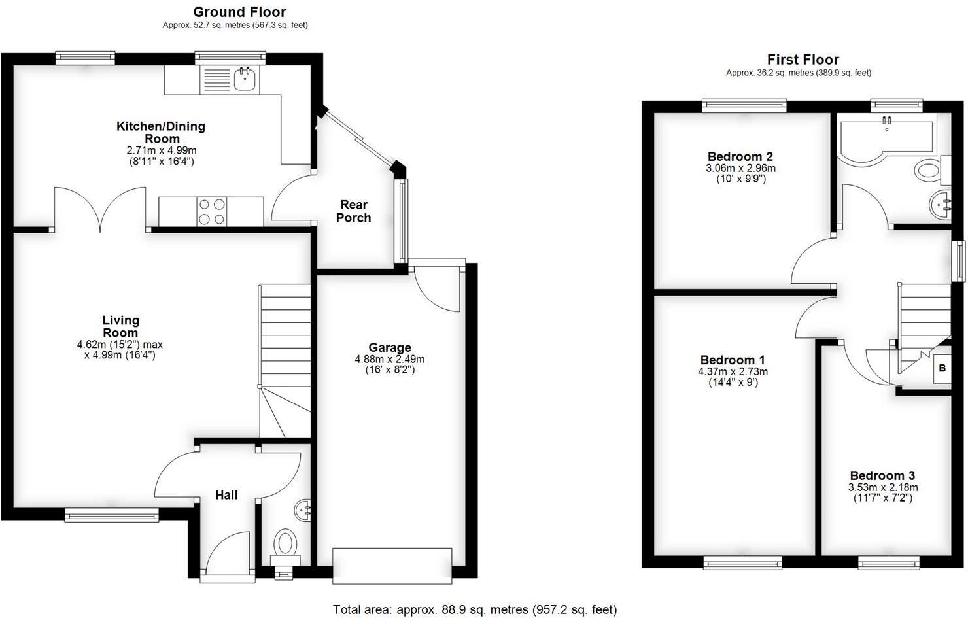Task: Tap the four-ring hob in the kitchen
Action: [212, 212]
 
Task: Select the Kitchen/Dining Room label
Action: [161, 132]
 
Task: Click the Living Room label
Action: [120, 326]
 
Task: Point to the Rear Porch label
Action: [353, 211]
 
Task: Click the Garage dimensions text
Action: [390, 364]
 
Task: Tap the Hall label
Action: [226, 495]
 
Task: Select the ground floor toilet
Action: [285, 544]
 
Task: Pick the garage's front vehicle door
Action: [392, 565]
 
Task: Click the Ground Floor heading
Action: [239, 12]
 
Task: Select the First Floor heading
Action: [803, 60]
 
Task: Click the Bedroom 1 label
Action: [732, 360]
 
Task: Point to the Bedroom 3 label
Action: [882, 475]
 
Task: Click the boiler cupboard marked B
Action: [942, 368]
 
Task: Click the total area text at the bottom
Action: [474, 609]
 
